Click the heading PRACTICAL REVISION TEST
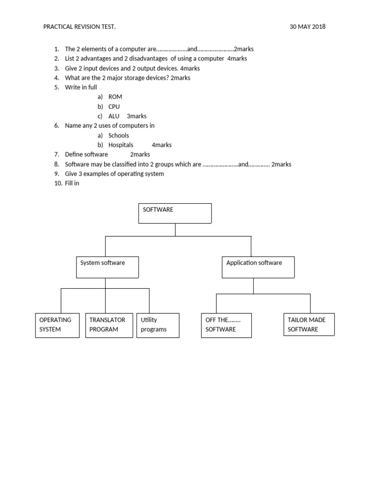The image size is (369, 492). coord(79,27)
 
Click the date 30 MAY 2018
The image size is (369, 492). coord(307,27)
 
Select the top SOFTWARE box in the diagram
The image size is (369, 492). coord(175,213)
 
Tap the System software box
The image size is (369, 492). coord(107,267)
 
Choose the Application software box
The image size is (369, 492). coord(258,267)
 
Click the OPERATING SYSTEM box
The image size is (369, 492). coord(57,325)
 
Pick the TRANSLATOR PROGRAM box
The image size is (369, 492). coord(109,325)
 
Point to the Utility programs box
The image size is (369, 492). coord(158,325)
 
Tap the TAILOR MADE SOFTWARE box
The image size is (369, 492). coord(309,324)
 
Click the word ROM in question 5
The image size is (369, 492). coord(115,97)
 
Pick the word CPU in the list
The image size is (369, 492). coord(114,107)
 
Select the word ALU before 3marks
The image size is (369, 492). coord(114,116)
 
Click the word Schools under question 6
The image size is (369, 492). coord(119,135)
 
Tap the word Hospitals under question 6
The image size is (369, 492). coord(121,145)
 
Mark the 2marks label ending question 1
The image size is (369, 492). coord(244,49)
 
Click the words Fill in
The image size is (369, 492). coord(72,184)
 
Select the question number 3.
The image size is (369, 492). coord(56,68)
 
